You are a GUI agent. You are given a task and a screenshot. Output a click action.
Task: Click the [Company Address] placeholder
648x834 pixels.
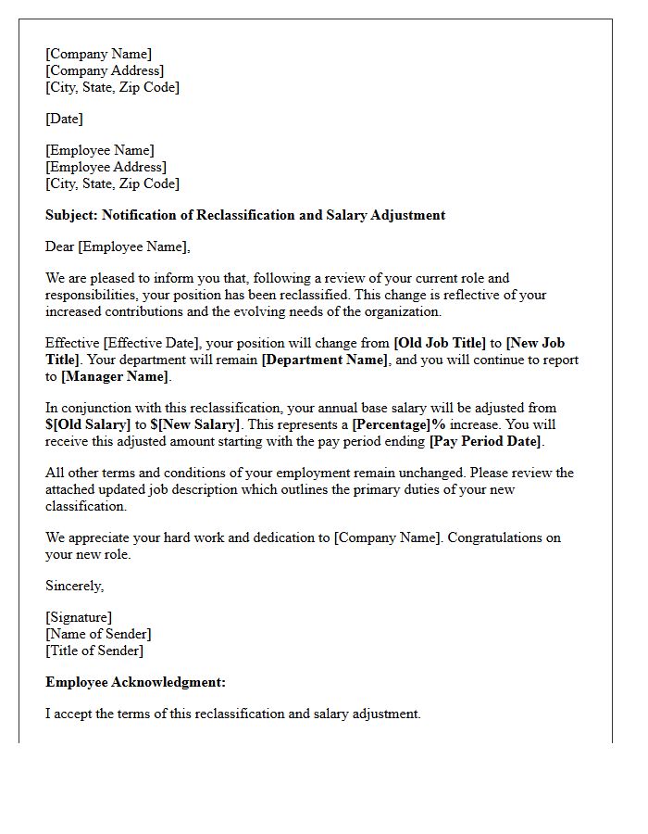(x=105, y=70)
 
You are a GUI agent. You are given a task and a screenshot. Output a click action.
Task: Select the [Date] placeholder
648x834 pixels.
(x=64, y=119)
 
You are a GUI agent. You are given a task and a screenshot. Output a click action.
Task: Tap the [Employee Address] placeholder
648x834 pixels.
(x=106, y=167)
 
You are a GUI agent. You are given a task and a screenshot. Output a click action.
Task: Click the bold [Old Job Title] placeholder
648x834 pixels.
(x=440, y=343)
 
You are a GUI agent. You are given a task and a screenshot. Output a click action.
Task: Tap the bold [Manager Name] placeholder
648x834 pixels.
(x=115, y=376)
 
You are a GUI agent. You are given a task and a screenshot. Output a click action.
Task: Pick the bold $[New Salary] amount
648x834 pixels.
(x=195, y=424)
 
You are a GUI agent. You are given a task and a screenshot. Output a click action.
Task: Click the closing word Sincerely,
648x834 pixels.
(x=75, y=586)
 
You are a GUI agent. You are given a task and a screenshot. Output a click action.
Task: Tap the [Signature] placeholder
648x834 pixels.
(x=79, y=617)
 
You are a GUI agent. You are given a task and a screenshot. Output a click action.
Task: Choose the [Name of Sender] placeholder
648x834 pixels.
(x=98, y=634)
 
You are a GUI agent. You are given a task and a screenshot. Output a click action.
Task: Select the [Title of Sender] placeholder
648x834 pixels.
(x=94, y=651)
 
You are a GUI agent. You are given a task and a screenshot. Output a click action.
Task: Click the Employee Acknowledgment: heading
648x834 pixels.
(x=135, y=682)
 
